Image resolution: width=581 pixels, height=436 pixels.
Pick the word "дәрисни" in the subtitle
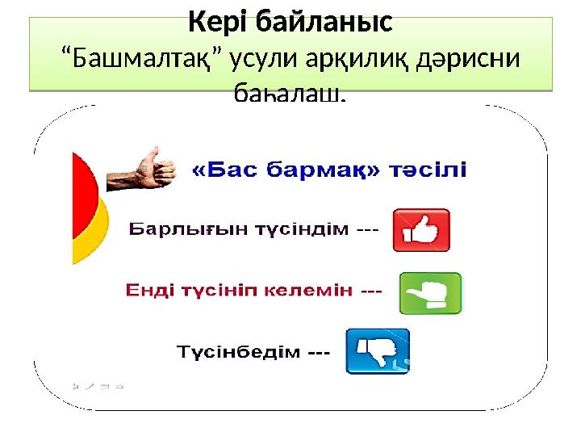(x=470, y=60)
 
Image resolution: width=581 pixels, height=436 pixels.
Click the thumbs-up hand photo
(x=143, y=168)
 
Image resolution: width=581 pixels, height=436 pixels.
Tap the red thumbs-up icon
(x=420, y=230)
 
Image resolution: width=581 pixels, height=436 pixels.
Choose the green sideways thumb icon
(x=430, y=292)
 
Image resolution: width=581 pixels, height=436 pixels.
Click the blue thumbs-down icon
(x=378, y=351)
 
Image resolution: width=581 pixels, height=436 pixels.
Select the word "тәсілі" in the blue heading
(x=428, y=171)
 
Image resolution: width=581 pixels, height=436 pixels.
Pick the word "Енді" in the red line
(x=147, y=291)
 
